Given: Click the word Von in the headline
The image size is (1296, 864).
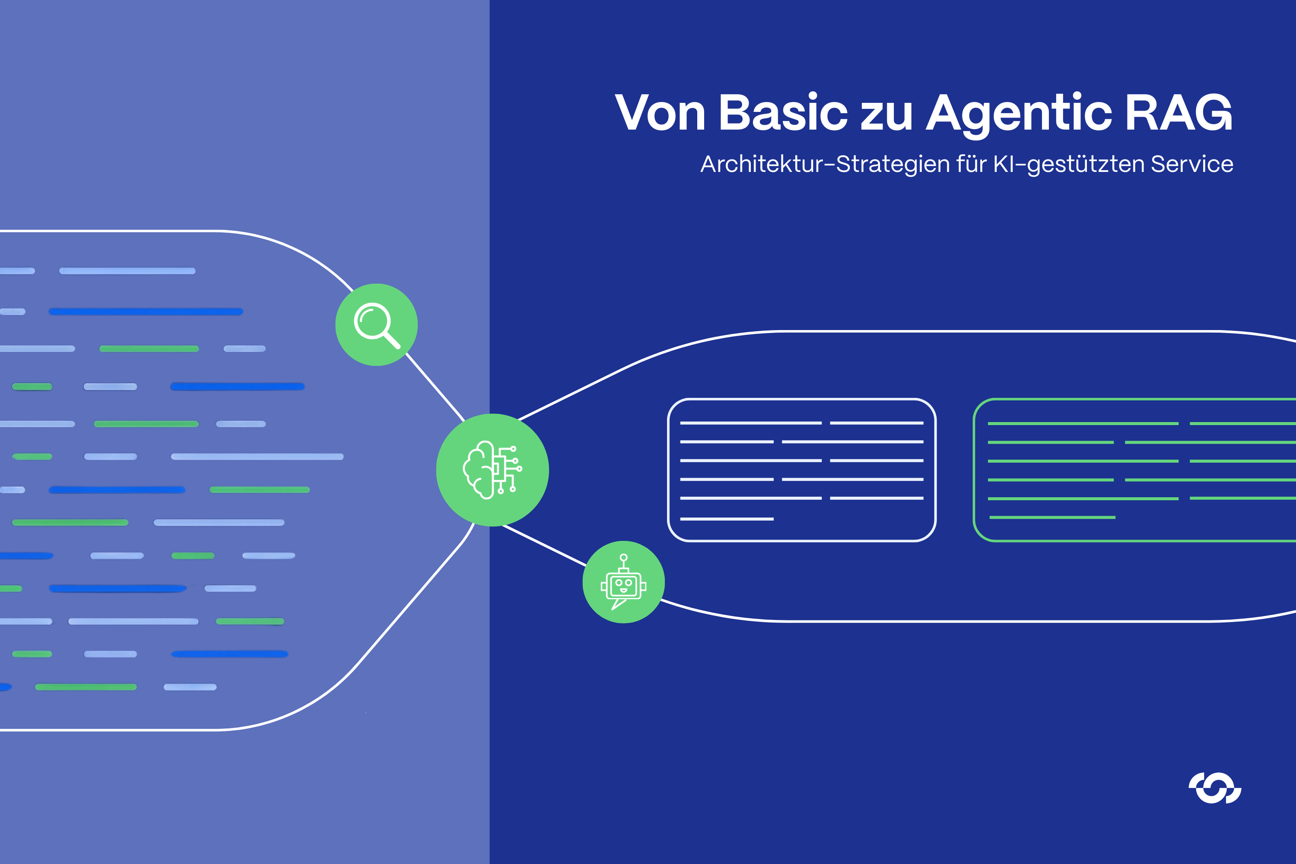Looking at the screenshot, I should pos(660,112).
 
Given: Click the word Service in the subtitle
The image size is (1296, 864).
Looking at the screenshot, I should pos(1191,164).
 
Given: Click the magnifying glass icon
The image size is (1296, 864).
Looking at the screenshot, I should pos(376,324).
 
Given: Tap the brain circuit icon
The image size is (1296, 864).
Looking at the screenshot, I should pos(492,470).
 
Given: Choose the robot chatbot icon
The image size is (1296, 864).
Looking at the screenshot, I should pos(623,582).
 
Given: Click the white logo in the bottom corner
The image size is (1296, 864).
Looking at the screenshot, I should pos(1214,788).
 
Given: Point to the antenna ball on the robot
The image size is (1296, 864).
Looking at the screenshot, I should pos(623,558).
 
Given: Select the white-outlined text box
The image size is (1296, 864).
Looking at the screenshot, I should pos(801,470).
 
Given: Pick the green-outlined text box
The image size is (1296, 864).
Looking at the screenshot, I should pos(1135,470).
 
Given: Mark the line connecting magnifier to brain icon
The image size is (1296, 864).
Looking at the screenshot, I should pos(435,388).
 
